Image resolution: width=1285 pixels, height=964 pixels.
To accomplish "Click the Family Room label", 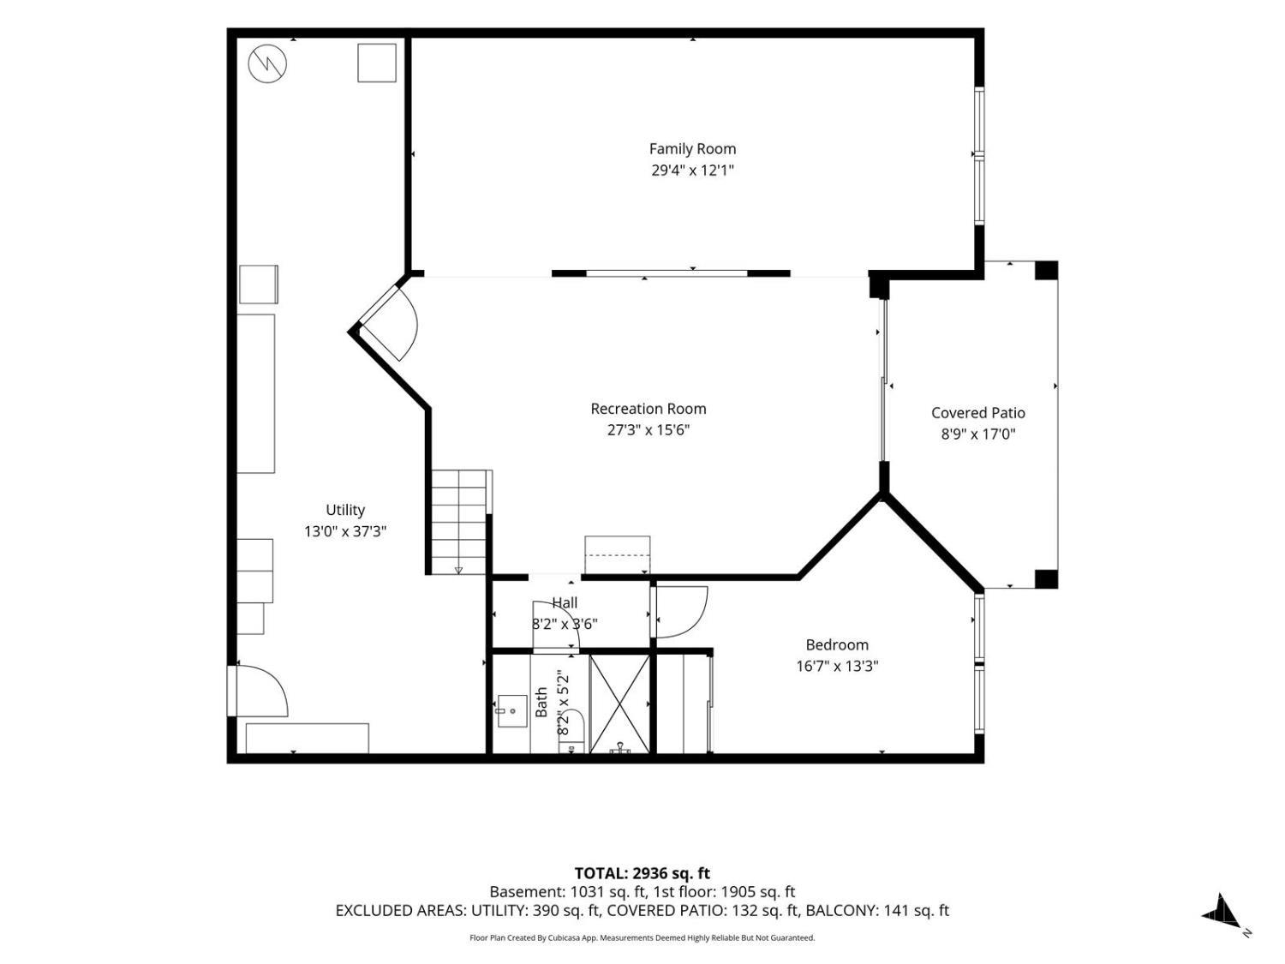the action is tap(692, 148).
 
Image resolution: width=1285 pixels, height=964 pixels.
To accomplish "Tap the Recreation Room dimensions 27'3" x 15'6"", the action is tap(648, 430).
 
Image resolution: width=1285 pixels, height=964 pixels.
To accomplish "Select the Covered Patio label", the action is tap(977, 413).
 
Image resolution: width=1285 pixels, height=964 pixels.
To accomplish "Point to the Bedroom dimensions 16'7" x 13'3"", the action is tap(837, 666).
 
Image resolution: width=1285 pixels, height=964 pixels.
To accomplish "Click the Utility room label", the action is tap(345, 510).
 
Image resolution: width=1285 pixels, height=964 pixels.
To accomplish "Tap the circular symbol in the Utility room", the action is tap(267, 63).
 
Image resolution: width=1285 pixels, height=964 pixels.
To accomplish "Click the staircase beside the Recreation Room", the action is tap(459, 522).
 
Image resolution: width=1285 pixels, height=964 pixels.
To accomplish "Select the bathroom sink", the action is tap(511, 711).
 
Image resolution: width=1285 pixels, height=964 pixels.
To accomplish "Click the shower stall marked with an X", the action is tap(619, 704).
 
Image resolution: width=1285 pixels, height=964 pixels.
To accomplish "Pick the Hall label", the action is tap(565, 603).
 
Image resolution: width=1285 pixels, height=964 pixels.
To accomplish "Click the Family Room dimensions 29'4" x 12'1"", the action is tap(692, 171).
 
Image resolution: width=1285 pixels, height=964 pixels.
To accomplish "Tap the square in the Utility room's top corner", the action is tap(377, 63).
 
